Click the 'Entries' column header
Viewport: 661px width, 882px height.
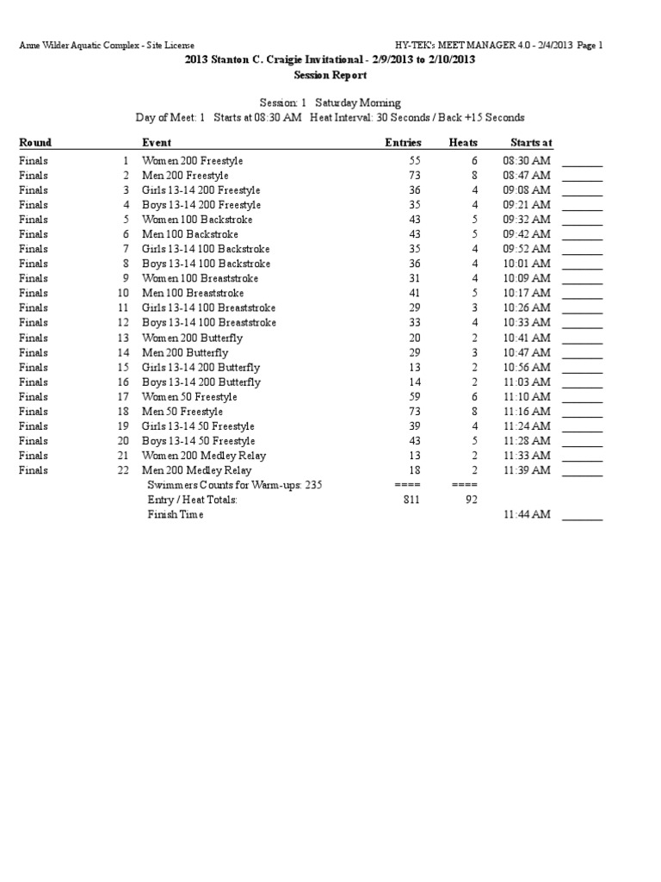(x=403, y=143)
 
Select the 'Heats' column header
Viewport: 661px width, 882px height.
(x=463, y=143)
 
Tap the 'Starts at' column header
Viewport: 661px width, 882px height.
(x=531, y=143)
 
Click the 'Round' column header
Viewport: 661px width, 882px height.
(x=35, y=143)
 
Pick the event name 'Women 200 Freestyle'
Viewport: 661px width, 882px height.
(x=192, y=161)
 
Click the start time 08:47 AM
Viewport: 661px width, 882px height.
(x=526, y=176)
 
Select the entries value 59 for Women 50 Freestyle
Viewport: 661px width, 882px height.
(x=414, y=397)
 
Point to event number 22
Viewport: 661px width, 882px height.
(x=122, y=470)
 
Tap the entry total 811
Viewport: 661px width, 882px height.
(x=412, y=500)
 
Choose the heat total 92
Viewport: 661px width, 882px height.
(x=471, y=500)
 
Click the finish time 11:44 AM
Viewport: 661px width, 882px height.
(x=526, y=514)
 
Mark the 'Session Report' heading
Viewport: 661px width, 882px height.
(x=330, y=75)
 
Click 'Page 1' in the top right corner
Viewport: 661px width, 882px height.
(x=590, y=45)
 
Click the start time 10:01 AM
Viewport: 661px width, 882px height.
(x=526, y=264)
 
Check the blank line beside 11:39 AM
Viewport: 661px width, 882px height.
(x=583, y=472)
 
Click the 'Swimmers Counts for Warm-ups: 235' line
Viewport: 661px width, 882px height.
(x=234, y=485)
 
